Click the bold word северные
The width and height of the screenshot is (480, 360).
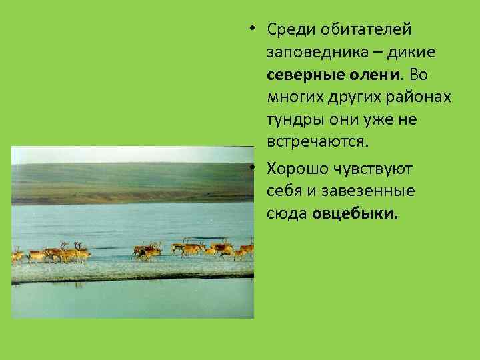click(x=304, y=77)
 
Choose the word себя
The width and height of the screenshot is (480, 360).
click(x=283, y=192)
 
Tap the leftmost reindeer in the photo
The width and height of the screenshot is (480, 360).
click(x=17, y=255)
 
